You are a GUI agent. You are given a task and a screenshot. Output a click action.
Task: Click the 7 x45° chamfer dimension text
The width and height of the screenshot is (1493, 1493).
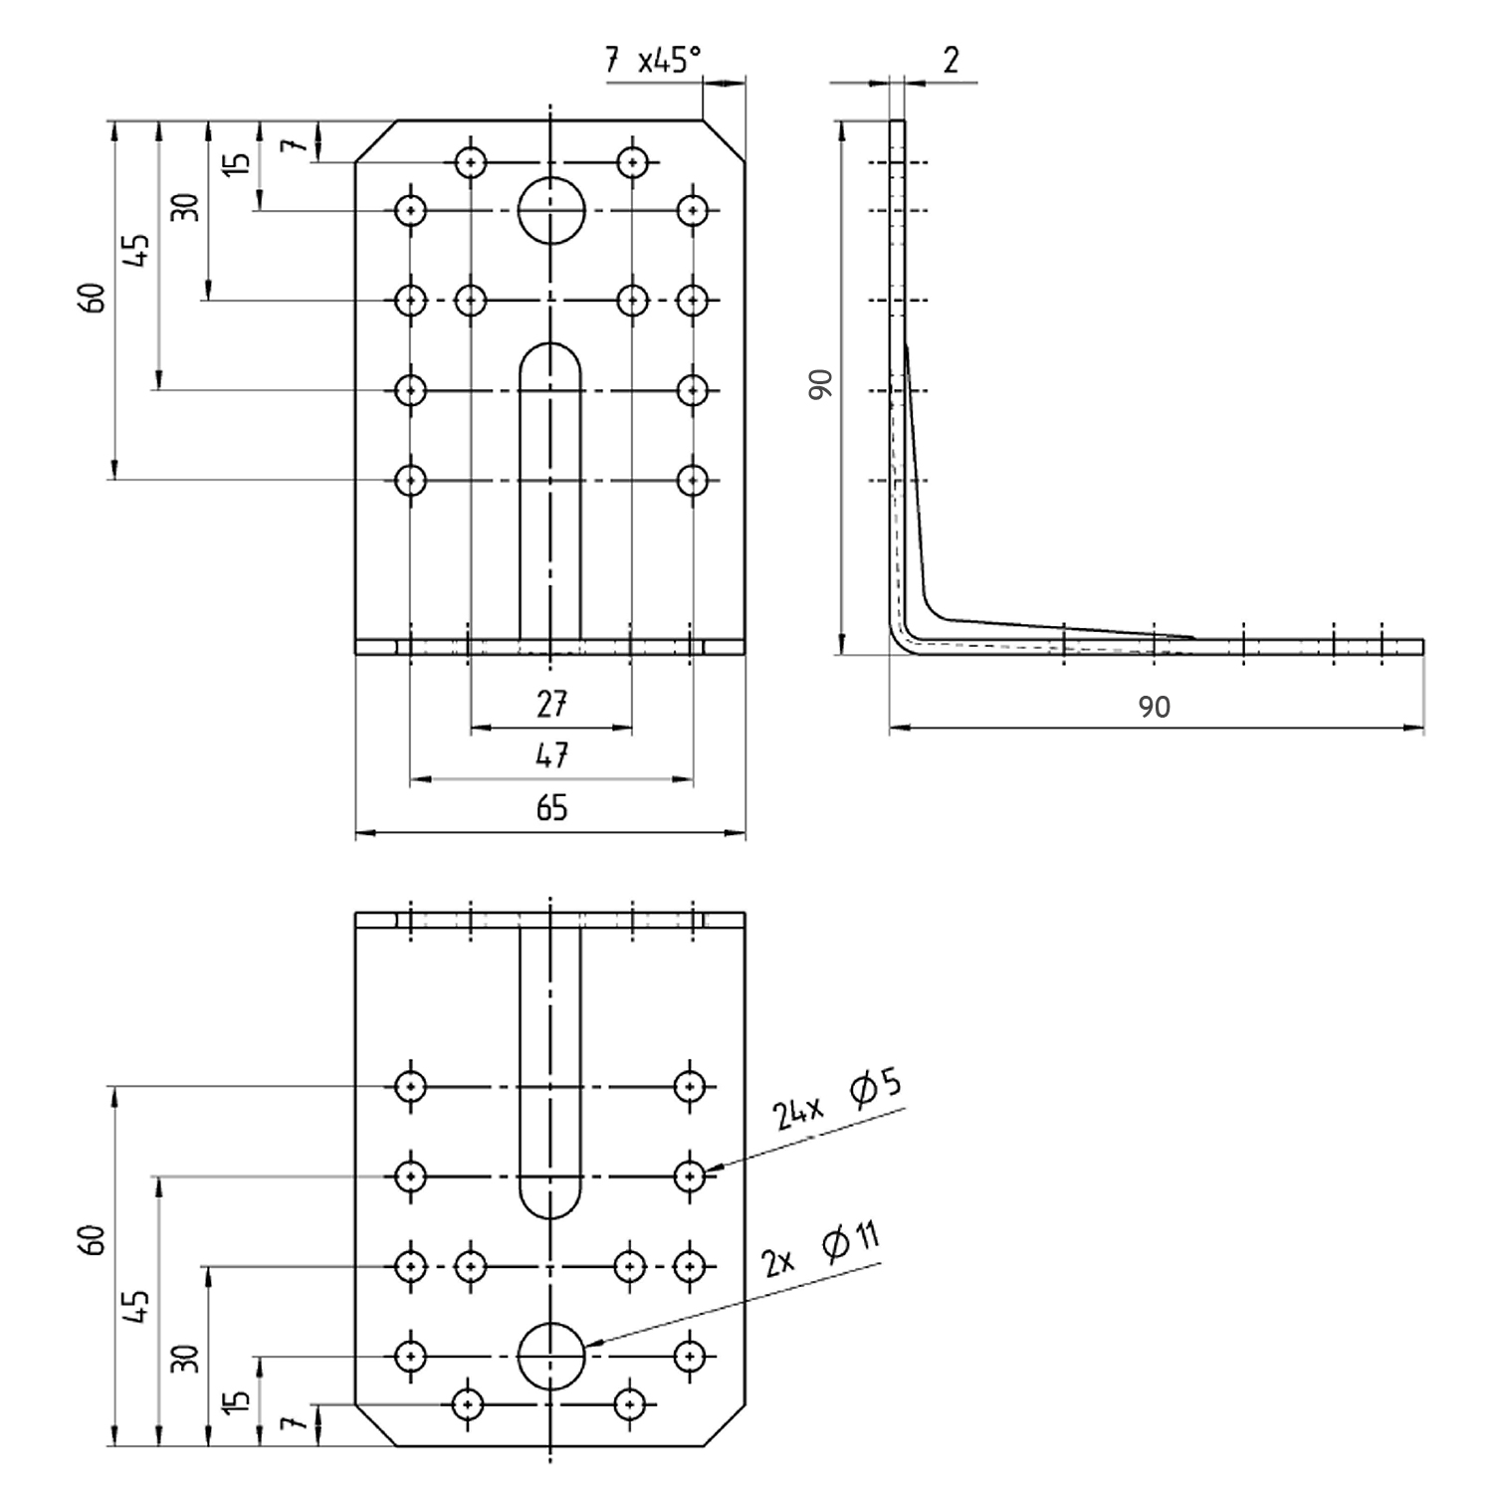point(652,61)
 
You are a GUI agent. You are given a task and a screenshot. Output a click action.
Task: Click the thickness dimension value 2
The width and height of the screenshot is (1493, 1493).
point(951,61)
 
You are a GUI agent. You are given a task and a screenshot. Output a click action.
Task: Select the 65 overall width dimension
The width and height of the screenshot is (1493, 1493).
point(551,807)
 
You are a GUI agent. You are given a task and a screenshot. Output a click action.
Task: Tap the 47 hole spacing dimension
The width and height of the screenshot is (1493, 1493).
point(551,755)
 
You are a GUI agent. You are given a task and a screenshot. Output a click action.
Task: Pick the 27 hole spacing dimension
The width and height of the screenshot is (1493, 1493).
point(551,705)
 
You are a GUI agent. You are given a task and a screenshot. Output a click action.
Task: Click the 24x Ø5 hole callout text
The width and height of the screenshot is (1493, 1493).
point(837,1102)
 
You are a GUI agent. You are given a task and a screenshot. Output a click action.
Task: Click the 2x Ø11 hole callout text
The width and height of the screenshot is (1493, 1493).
point(821,1250)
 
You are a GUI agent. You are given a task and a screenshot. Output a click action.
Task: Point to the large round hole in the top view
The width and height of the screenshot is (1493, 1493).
point(551,210)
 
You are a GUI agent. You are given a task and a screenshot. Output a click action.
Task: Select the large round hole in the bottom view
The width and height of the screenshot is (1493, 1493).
point(551,1357)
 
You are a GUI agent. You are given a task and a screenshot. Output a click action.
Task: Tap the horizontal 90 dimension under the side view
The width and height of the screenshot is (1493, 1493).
point(1154,707)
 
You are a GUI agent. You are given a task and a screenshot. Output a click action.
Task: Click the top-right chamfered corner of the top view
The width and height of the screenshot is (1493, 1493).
point(724,139)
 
